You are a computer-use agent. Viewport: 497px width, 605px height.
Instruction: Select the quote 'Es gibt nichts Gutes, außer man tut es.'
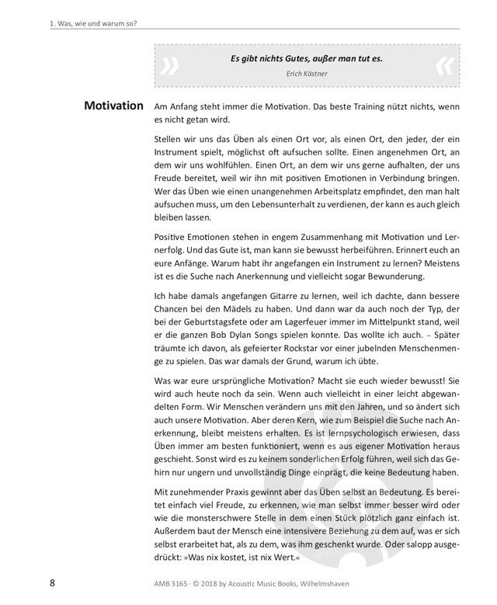click(x=307, y=58)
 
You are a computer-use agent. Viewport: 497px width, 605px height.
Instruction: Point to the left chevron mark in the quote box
click(x=169, y=67)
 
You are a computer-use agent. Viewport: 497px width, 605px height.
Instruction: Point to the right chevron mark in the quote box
click(x=444, y=67)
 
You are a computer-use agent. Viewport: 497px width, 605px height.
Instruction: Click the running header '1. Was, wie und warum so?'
click(x=92, y=23)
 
